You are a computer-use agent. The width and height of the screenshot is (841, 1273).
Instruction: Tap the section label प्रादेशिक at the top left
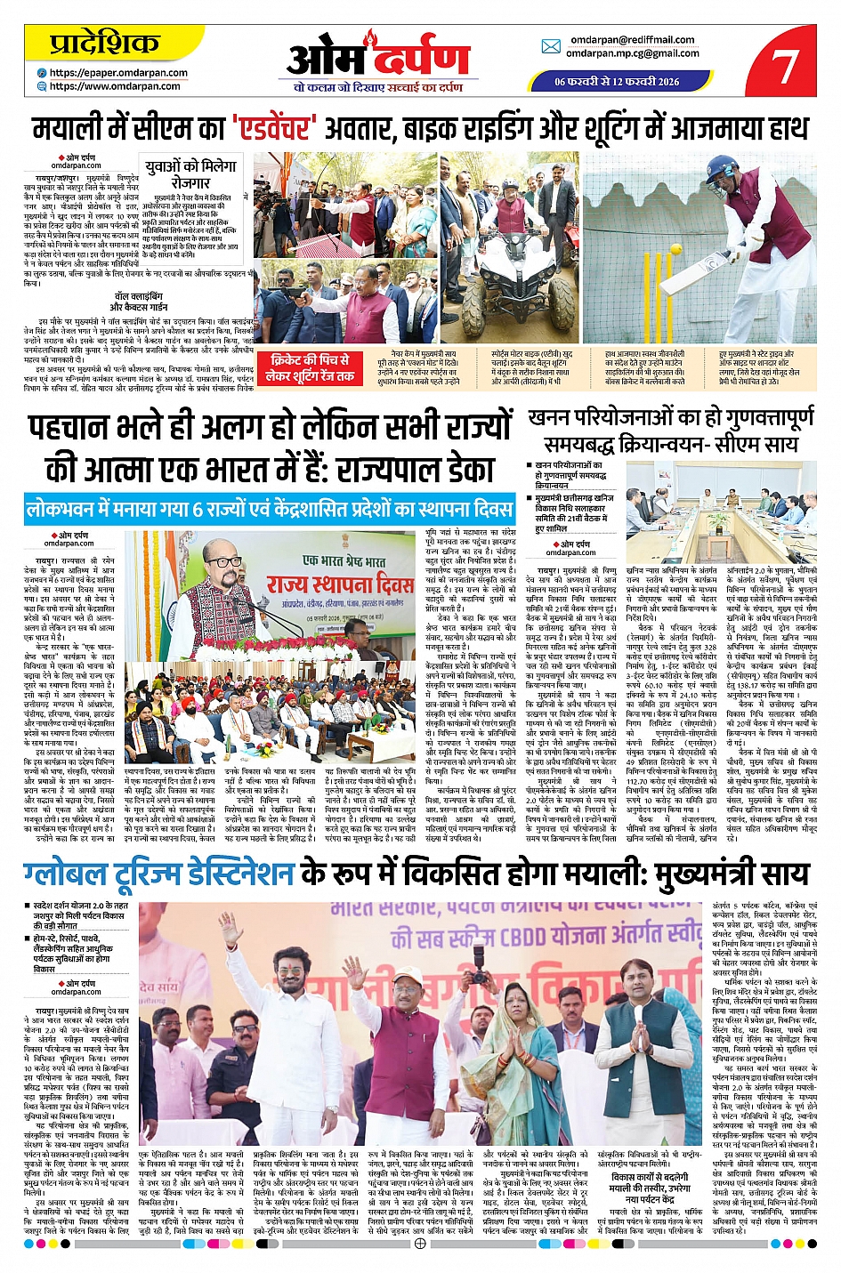(104, 43)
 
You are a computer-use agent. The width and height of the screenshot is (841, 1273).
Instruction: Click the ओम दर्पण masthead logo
(378, 60)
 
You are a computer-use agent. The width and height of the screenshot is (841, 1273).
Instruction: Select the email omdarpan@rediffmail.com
(633, 40)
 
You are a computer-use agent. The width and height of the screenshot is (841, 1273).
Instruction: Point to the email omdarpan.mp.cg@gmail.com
(633, 53)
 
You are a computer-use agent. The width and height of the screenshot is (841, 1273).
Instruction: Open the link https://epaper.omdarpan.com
(118, 73)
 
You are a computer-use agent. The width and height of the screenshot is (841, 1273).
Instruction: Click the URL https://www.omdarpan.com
(115, 86)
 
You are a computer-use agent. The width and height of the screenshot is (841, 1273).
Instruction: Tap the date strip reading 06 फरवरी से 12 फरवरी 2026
(617, 82)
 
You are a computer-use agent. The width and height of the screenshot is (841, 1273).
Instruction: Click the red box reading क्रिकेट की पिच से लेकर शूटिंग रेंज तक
(311, 368)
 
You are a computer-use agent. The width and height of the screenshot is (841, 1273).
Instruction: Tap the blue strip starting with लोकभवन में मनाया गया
(270, 510)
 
